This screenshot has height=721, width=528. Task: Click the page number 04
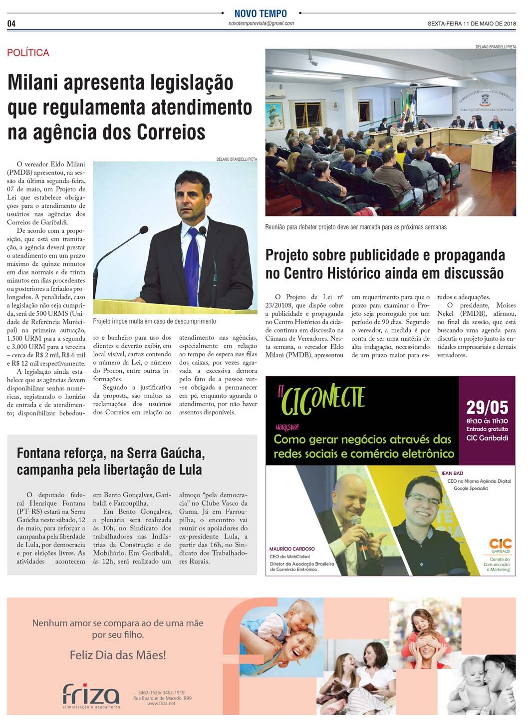[x=11, y=23]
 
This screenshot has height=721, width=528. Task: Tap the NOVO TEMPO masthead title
[x=261, y=13]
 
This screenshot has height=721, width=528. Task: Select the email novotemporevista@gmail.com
[x=261, y=23]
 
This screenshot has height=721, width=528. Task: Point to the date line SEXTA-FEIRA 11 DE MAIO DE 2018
[x=471, y=23]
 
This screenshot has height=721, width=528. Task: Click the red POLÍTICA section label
[x=28, y=52]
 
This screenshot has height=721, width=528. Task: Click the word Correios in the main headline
[x=171, y=132]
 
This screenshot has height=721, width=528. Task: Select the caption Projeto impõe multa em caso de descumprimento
[x=154, y=321]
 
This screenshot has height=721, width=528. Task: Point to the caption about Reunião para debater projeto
[x=356, y=227]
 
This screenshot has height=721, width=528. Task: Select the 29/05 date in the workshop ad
[x=487, y=407]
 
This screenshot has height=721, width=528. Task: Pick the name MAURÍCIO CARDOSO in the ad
[x=292, y=549]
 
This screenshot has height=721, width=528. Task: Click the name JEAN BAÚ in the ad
[x=452, y=473]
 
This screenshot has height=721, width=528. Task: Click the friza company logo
[x=91, y=694]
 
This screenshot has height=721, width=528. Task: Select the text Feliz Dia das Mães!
[x=118, y=655]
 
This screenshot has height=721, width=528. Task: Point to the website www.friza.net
[x=161, y=704]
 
